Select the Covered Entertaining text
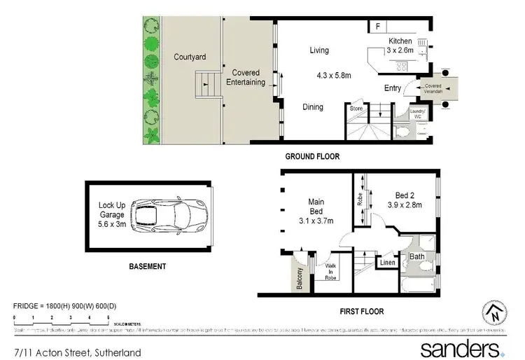click(x=246, y=77)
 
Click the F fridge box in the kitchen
click(x=377, y=27)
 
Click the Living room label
click(x=320, y=50)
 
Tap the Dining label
click(x=313, y=107)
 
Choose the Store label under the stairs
click(x=356, y=109)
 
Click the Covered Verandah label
click(x=433, y=88)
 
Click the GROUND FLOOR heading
click(x=312, y=157)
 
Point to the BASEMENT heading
click(x=147, y=266)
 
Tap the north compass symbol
click(x=494, y=313)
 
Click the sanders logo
click(x=460, y=348)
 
